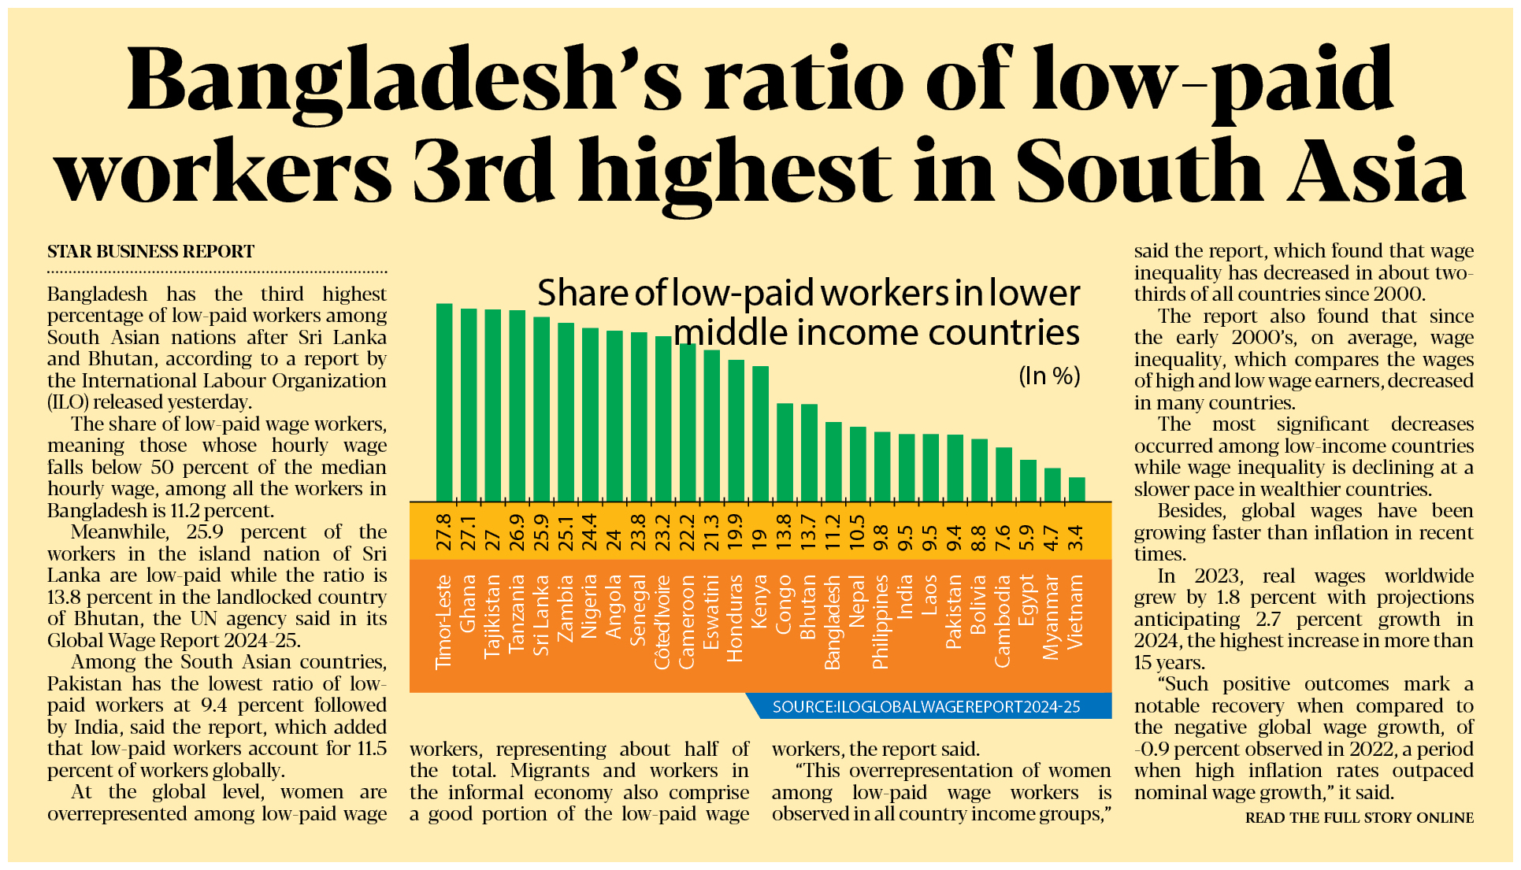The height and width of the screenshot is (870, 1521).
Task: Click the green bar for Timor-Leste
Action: pos(444,402)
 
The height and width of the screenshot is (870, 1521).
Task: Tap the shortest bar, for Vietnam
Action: pos(1077,489)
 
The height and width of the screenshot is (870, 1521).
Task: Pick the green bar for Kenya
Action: pos(760,433)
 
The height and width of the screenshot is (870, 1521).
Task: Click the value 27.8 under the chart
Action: pos(444,531)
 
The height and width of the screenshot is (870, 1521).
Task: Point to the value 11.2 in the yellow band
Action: pos(833,531)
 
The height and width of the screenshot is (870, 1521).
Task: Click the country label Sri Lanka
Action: pos(541,615)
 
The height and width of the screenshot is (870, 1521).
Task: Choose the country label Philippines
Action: pos(881,622)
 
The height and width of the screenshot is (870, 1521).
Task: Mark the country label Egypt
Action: pos(1027,600)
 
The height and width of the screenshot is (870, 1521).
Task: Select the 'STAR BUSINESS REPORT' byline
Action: pos(150,252)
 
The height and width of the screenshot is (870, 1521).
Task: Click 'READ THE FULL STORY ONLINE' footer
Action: pos(1359,818)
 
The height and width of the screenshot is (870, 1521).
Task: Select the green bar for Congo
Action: pos(785,452)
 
